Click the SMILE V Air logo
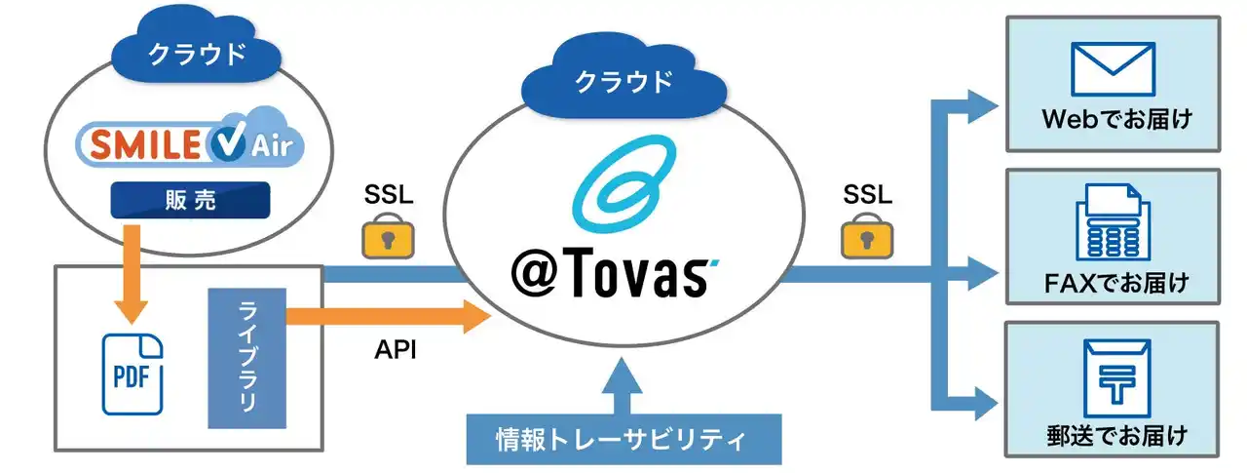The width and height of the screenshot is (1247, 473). pos(191,146)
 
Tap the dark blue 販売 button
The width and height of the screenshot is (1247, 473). pos(191,202)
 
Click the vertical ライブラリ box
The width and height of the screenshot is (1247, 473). pos(246,358)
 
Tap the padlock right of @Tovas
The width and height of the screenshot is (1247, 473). pos(866,237)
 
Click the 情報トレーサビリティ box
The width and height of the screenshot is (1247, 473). pos(623,440)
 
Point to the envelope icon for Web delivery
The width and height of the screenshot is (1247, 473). pos(1112,69)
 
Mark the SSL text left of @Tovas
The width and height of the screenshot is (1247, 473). pos(389,194)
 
